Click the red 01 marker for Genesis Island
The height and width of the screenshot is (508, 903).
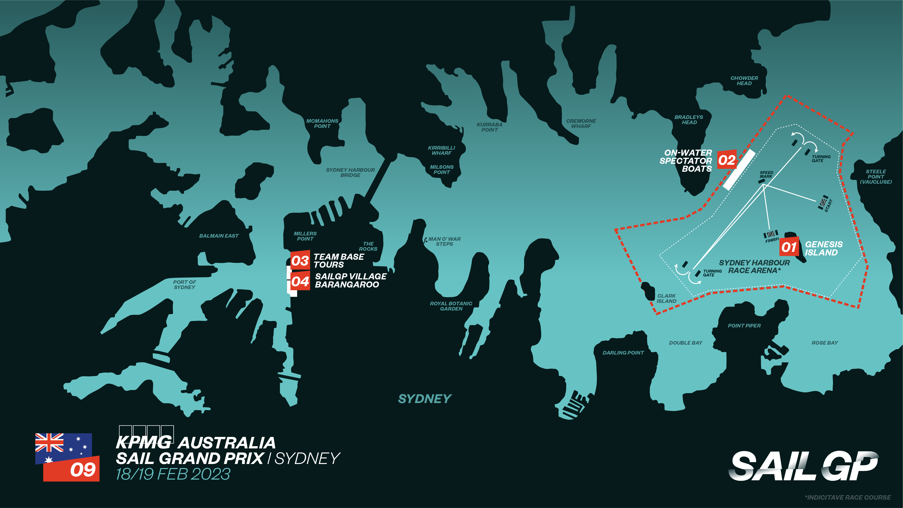click(789, 247)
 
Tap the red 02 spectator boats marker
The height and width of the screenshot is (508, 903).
click(727, 160)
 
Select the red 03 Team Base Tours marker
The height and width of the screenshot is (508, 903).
click(300, 260)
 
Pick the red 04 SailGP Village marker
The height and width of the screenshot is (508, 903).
click(300, 281)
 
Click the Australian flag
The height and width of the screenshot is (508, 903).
click(63, 449)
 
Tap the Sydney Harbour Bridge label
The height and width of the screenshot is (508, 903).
click(350, 172)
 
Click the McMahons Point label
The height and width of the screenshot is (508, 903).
click(322, 123)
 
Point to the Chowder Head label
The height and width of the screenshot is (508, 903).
click(744, 81)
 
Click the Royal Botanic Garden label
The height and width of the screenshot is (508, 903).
click(451, 306)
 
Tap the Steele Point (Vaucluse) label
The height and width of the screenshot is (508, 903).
click(876, 177)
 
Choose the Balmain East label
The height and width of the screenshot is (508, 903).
click(219, 236)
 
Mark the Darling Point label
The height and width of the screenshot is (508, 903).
click(623, 353)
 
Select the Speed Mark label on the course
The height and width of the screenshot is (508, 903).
click(766, 175)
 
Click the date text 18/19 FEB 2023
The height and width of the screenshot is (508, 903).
click(173, 474)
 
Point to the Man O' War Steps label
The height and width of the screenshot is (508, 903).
click(444, 241)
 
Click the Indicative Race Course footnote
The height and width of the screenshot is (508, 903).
click(848, 497)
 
